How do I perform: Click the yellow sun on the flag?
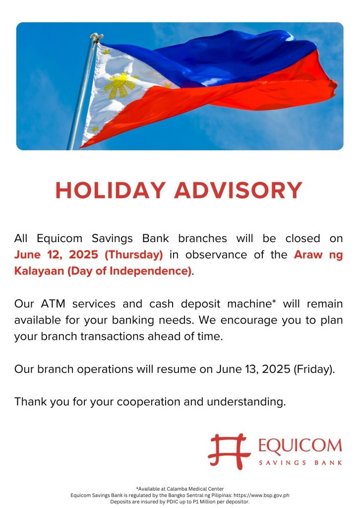coord(121,85)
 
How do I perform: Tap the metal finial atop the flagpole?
coord(96,37)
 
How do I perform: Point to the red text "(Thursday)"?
coord(134,254)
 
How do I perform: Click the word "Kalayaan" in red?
coord(39,271)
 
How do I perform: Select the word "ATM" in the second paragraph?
coord(53,304)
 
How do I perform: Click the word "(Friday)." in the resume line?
coord(314,369)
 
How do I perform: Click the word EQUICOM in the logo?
coord(300,445)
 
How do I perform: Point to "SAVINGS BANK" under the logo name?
coord(300,463)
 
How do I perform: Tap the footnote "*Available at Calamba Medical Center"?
coord(180,489)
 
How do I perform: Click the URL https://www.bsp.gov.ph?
coord(262,495)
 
